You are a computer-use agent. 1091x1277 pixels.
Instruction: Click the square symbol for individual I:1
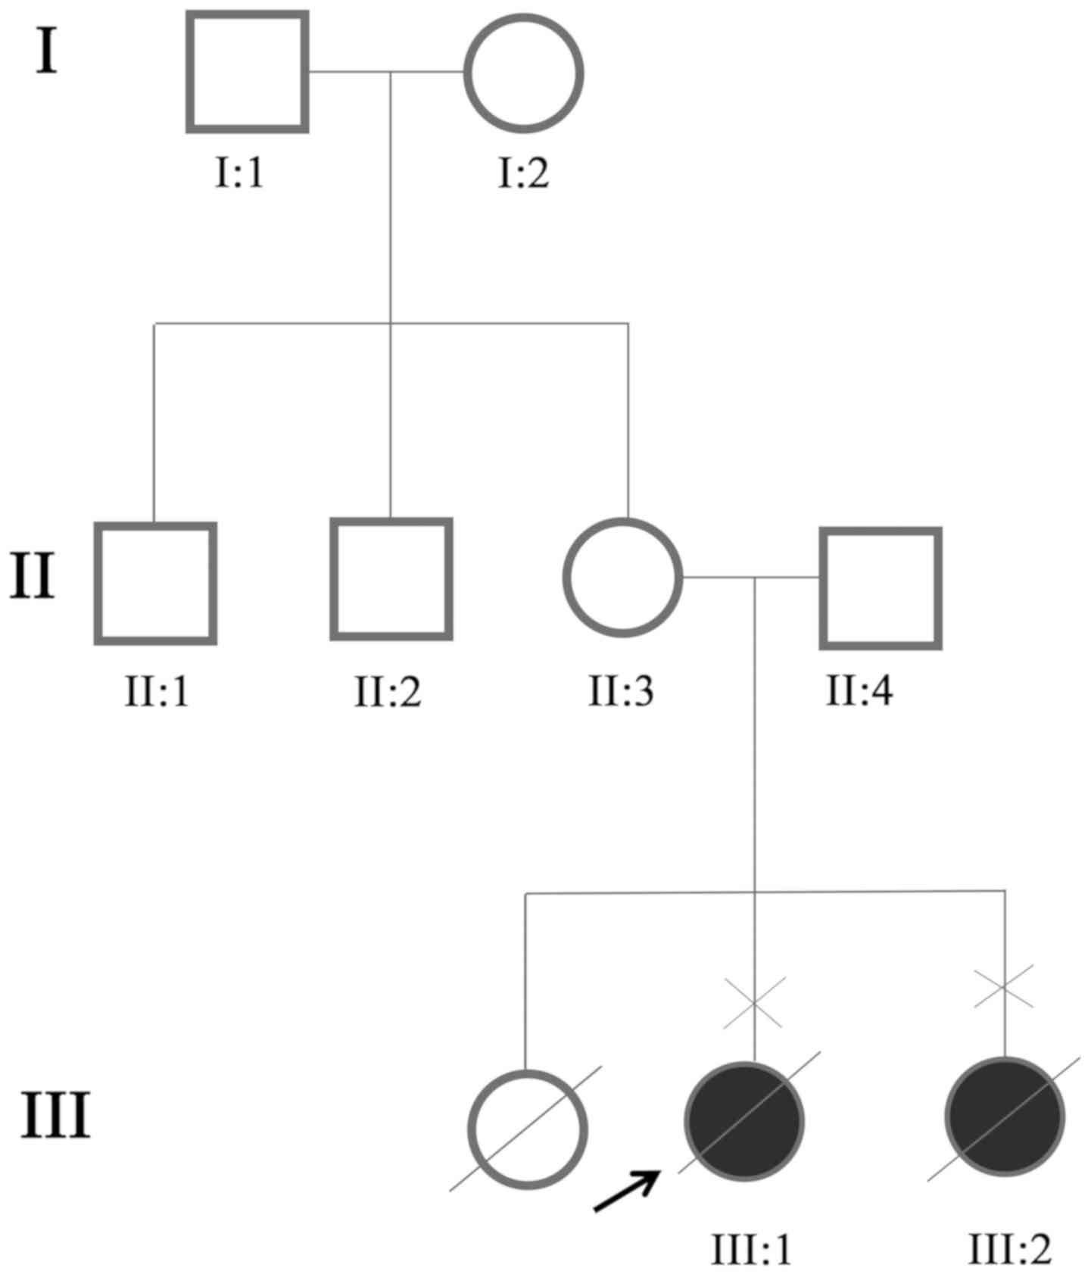click(248, 73)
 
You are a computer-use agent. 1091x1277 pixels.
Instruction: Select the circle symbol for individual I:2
click(524, 73)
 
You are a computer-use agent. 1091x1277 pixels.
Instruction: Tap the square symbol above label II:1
click(155, 583)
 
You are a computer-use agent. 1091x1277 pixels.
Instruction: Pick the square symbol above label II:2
click(391, 579)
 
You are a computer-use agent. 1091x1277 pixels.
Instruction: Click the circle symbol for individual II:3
click(622, 577)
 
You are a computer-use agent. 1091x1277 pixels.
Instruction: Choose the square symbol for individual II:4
click(881, 588)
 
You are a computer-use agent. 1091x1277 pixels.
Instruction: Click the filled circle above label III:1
click(744, 1121)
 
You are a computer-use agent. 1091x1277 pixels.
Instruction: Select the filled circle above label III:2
click(1005, 1117)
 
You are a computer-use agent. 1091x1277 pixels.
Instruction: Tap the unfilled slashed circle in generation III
click(527, 1129)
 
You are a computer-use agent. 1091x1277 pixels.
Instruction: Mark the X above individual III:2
click(1003, 987)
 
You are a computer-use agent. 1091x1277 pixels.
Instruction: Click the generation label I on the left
click(46, 53)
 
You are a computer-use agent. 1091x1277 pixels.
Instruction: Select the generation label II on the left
click(33, 577)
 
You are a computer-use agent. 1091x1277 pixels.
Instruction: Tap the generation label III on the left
click(55, 1115)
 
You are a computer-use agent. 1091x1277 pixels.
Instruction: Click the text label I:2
click(523, 173)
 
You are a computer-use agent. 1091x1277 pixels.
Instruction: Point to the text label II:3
click(621, 690)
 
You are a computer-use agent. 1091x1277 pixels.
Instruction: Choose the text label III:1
click(751, 1249)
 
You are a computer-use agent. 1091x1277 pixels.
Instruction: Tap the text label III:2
click(1010, 1249)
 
